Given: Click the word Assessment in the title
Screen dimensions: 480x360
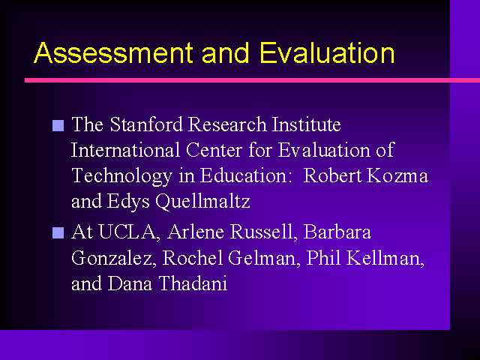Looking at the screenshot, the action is click(113, 52).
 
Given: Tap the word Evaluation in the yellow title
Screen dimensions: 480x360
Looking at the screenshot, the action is click(327, 52).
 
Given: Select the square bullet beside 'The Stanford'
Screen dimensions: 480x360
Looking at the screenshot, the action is click(58, 125).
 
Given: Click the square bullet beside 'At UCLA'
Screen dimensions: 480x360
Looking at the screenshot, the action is click(58, 232).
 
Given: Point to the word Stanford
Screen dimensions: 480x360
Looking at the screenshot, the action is click(146, 124).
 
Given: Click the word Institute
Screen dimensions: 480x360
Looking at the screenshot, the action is click(307, 124).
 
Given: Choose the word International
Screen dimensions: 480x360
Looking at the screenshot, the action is click(125, 150).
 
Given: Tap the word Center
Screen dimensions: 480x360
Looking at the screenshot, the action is click(214, 150).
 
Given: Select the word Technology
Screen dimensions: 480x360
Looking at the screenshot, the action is click(121, 177).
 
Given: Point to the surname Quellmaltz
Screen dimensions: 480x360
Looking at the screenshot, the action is click(202, 202).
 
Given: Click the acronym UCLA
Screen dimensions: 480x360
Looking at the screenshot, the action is click(128, 232).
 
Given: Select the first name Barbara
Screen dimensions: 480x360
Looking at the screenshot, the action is click(337, 232).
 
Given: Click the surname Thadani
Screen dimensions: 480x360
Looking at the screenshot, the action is click(193, 283).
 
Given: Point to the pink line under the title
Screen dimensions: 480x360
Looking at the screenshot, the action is click(252, 80).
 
